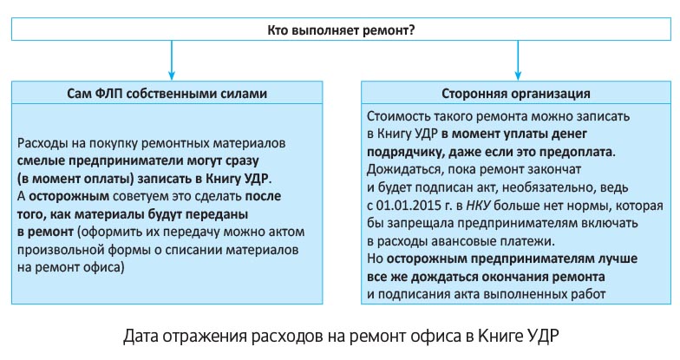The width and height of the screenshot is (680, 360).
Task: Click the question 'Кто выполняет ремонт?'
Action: click(340, 32)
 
